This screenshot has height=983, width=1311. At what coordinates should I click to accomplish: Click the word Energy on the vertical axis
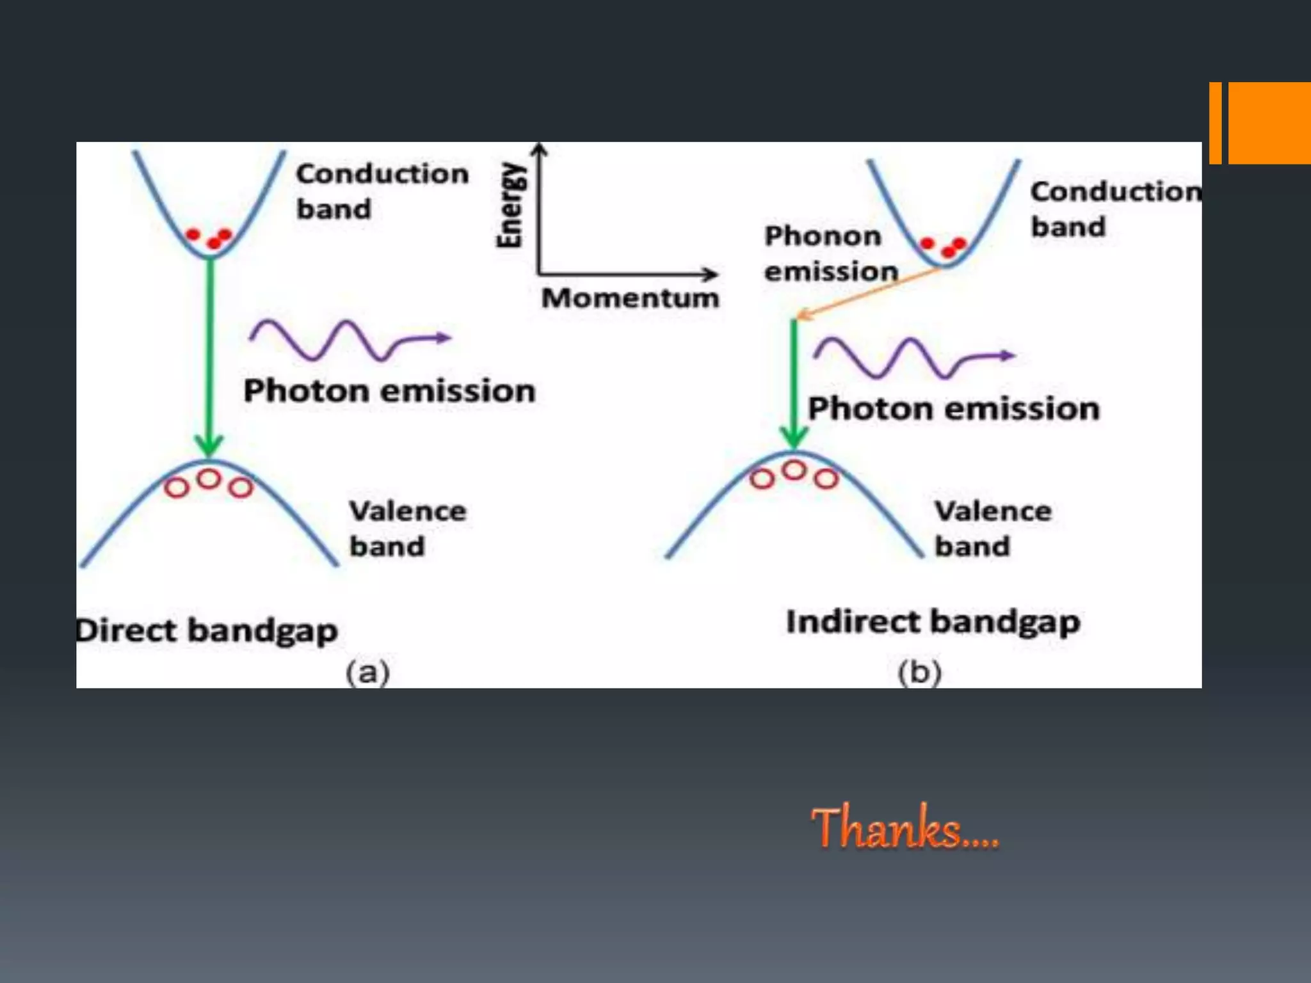click(510, 205)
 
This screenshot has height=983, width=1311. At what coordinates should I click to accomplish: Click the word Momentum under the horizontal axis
click(630, 298)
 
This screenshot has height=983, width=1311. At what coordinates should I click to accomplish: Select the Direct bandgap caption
click(207, 630)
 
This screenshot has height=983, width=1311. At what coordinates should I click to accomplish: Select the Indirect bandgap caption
click(933, 622)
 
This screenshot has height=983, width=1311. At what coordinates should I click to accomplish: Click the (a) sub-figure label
click(367, 672)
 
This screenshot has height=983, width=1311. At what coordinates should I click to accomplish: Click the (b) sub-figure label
click(919, 672)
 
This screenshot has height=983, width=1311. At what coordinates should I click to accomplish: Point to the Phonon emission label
click(830, 253)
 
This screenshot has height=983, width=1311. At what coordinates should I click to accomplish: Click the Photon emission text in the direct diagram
click(389, 390)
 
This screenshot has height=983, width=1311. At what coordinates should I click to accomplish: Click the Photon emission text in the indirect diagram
click(953, 408)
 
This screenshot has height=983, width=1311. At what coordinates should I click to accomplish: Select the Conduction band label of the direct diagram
click(382, 191)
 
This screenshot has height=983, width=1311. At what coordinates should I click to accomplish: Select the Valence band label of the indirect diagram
click(992, 529)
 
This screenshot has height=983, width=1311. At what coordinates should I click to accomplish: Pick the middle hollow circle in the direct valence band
click(209, 479)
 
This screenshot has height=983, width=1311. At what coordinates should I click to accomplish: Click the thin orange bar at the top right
click(1215, 123)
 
